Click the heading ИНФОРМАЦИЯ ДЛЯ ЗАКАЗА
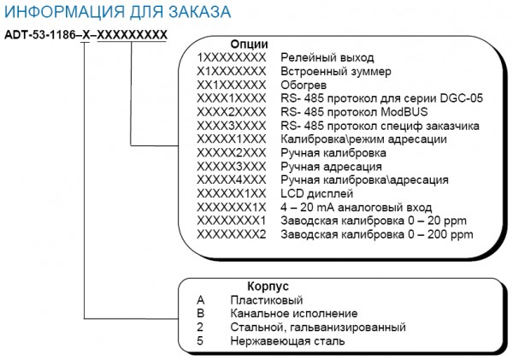[x=117, y=12]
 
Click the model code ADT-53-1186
[x=40, y=35]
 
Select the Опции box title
[x=249, y=44]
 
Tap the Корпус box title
[x=268, y=286]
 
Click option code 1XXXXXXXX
[x=232, y=57]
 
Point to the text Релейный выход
[x=327, y=57]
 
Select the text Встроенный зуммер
[x=336, y=71]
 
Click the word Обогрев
[x=304, y=86]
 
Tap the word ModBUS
[x=404, y=112]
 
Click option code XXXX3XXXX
[x=232, y=126]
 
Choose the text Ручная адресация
[x=331, y=167]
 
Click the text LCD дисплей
[x=316, y=194]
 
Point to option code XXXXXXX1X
[x=232, y=208]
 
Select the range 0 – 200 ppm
[x=440, y=234]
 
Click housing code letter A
[x=201, y=300]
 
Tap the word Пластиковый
[x=267, y=300]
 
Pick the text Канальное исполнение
[x=294, y=314]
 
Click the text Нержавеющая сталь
[x=287, y=341]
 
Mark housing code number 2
[x=200, y=327]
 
